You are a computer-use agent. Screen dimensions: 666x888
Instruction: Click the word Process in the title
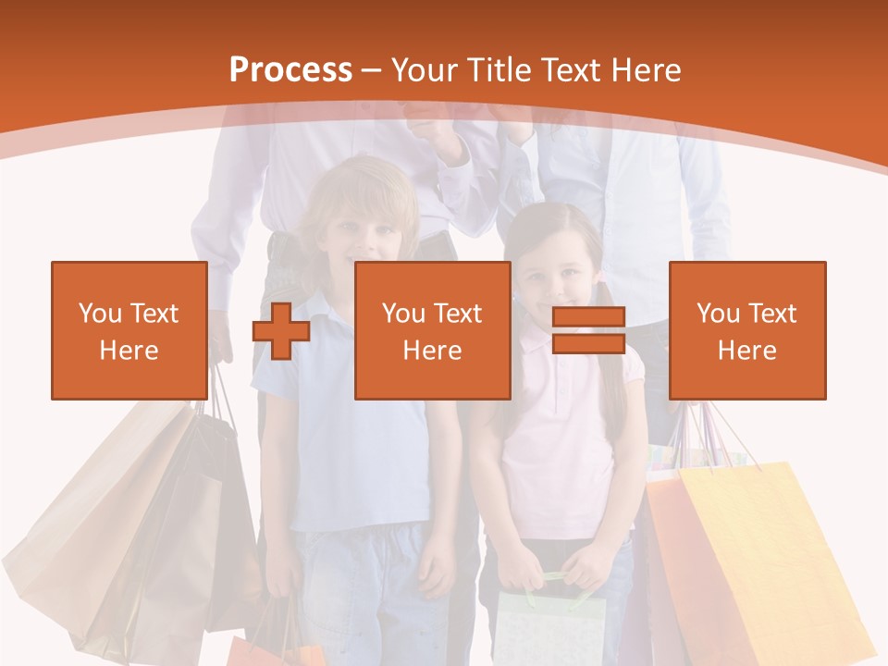[x=290, y=70]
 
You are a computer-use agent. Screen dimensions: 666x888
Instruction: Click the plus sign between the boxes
[x=281, y=331]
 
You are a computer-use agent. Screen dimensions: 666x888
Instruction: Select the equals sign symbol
[x=588, y=330]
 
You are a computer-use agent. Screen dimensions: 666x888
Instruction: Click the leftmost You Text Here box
[x=129, y=330]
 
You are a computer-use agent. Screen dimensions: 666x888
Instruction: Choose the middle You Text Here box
[x=433, y=330]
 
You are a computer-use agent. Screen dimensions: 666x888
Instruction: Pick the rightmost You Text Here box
[x=747, y=330]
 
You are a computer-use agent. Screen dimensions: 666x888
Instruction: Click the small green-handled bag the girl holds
[x=550, y=624]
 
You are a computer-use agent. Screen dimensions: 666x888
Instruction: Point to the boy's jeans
[x=370, y=592]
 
